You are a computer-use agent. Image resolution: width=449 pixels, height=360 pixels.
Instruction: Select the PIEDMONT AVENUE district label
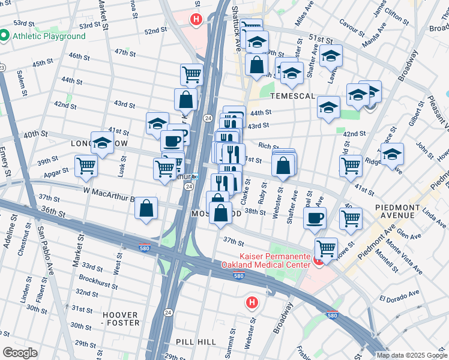coord(402,212)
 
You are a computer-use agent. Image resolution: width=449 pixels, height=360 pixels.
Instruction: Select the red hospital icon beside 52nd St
coord(196,19)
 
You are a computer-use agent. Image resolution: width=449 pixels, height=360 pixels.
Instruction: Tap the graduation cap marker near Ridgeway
coord(393,154)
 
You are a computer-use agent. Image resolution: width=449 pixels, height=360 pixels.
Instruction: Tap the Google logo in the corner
coord(20,353)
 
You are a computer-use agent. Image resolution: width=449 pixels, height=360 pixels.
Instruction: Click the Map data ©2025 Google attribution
coord(411,355)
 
